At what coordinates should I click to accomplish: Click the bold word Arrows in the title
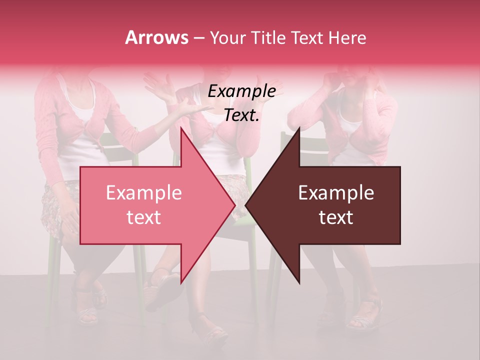(156, 37)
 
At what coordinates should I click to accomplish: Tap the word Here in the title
(347, 37)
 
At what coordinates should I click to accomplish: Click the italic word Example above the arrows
(241, 91)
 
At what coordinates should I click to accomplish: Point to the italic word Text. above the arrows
(241, 115)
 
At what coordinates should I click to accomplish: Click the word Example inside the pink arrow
(143, 193)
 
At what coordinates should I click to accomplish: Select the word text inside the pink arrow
(143, 217)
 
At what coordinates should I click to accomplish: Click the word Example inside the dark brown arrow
(336, 193)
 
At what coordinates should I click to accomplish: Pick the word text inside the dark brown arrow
(336, 217)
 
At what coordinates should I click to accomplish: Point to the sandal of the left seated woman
(88, 312)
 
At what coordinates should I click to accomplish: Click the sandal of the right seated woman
(365, 312)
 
